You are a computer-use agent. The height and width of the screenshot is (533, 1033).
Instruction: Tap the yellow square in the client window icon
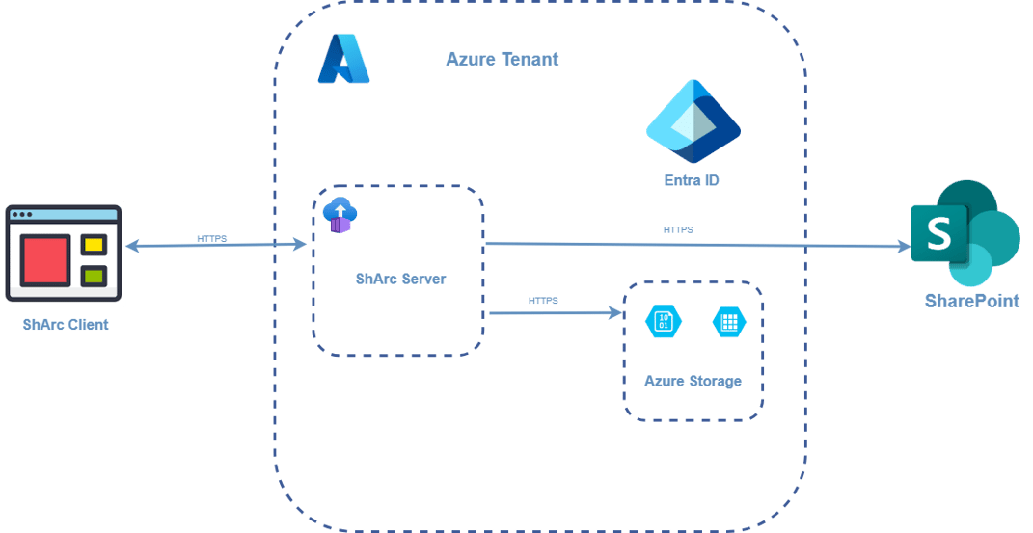tap(94, 245)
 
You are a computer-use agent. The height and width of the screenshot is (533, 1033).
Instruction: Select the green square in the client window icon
tap(94, 277)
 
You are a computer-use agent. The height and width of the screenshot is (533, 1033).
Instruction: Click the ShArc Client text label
tap(66, 325)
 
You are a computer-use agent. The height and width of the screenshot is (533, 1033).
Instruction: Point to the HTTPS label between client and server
tap(211, 237)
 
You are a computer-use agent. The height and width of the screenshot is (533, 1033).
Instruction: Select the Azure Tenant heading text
tap(502, 59)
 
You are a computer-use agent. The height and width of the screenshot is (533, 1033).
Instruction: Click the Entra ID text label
tap(692, 180)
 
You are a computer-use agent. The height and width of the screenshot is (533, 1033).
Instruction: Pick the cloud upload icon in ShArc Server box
tap(340, 215)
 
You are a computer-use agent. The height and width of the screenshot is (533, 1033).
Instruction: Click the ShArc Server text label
tap(400, 280)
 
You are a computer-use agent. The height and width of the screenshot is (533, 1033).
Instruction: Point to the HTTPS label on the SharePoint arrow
tap(677, 230)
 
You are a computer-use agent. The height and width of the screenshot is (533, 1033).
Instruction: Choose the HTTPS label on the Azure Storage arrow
tap(543, 301)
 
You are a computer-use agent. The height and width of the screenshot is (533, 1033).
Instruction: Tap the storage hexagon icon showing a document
tap(665, 322)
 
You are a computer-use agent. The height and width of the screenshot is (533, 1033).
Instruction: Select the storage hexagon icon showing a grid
tap(728, 322)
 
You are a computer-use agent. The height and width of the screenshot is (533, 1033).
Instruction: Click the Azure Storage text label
tap(693, 382)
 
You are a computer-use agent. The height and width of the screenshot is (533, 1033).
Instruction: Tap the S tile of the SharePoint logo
tap(938, 232)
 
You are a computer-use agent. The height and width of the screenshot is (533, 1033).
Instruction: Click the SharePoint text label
tap(971, 302)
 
